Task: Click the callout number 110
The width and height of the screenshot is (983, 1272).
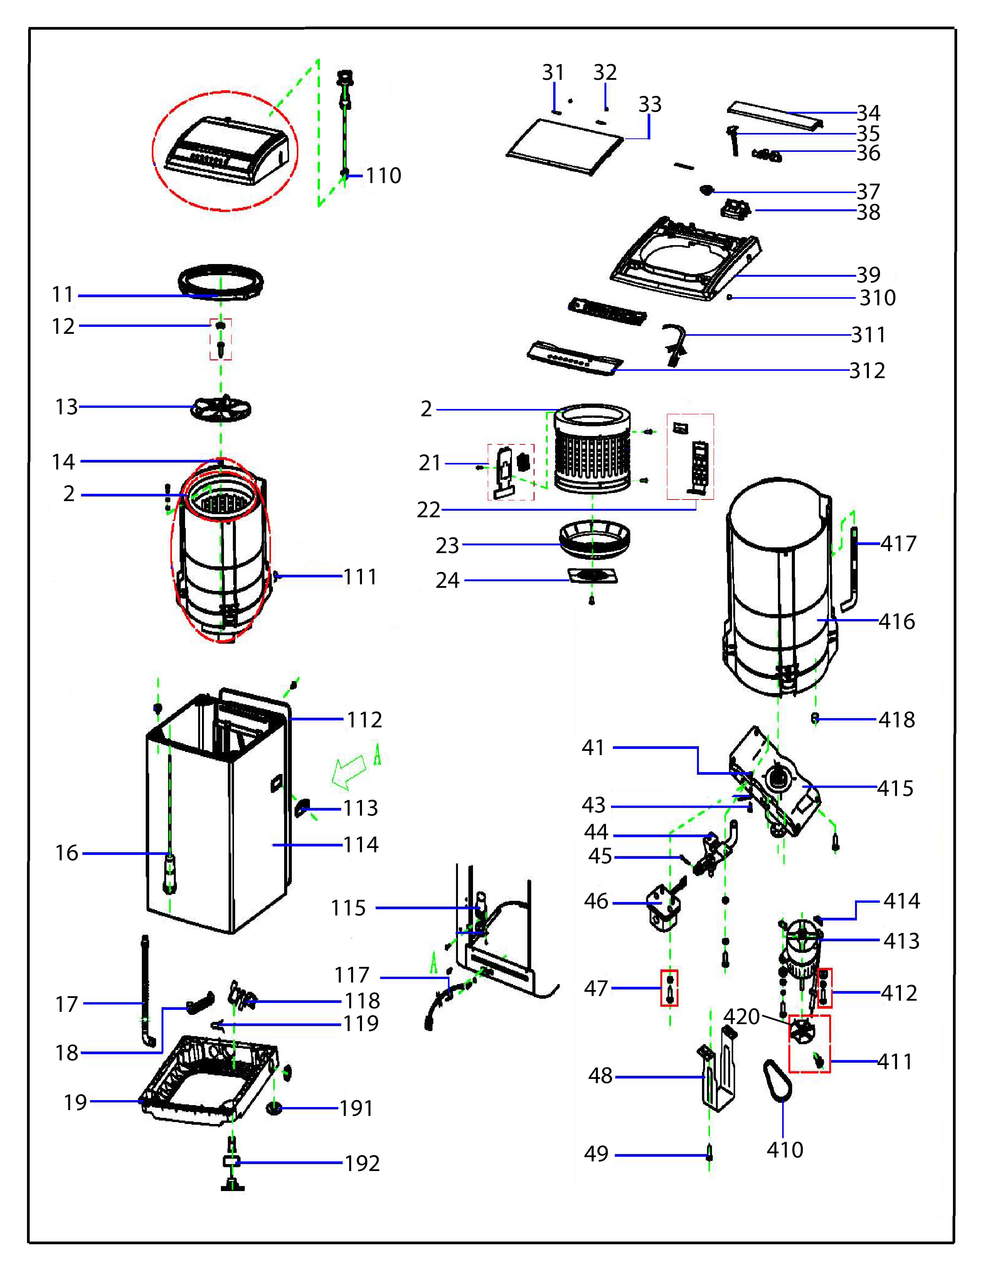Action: pyautogui.click(x=383, y=176)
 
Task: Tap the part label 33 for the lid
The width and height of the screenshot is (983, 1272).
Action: pyautogui.click(x=650, y=105)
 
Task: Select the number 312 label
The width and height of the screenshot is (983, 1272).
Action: pyautogui.click(x=867, y=371)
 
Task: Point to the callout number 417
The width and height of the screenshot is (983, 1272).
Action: pyautogui.click(x=898, y=544)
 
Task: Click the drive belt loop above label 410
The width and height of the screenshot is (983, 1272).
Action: pyautogui.click(x=778, y=1081)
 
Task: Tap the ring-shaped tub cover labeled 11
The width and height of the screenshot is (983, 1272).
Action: pyautogui.click(x=221, y=282)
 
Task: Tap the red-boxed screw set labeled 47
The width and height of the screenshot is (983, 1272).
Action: pyautogui.click(x=670, y=988)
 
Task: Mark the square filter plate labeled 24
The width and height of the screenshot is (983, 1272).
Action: pyautogui.click(x=592, y=575)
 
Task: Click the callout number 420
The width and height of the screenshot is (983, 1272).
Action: pyautogui.click(x=741, y=1017)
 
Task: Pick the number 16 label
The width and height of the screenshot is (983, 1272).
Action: pyautogui.click(x=66, y=853)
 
